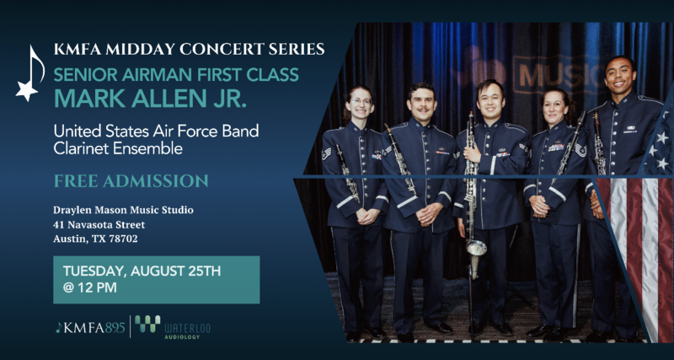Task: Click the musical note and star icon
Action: (x=29, y=74)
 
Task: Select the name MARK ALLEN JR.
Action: (x=150, y=98)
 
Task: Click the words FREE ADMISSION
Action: (x=131, y=180)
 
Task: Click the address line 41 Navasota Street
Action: (x=99, y=224)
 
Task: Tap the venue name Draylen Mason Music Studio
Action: (x=123, y=210)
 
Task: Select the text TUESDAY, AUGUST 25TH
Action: (x=142, y=271)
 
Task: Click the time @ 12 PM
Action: (x=90, y=287)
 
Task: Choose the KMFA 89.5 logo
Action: (x=90, y=328)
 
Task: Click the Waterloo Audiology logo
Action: (x=173, y=327)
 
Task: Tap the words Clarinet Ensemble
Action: (x=118, y=149)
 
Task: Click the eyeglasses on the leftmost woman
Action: (x=362, y=101)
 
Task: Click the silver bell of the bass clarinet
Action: (x=476, y=248)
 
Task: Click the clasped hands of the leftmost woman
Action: (x=368, y=217)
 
